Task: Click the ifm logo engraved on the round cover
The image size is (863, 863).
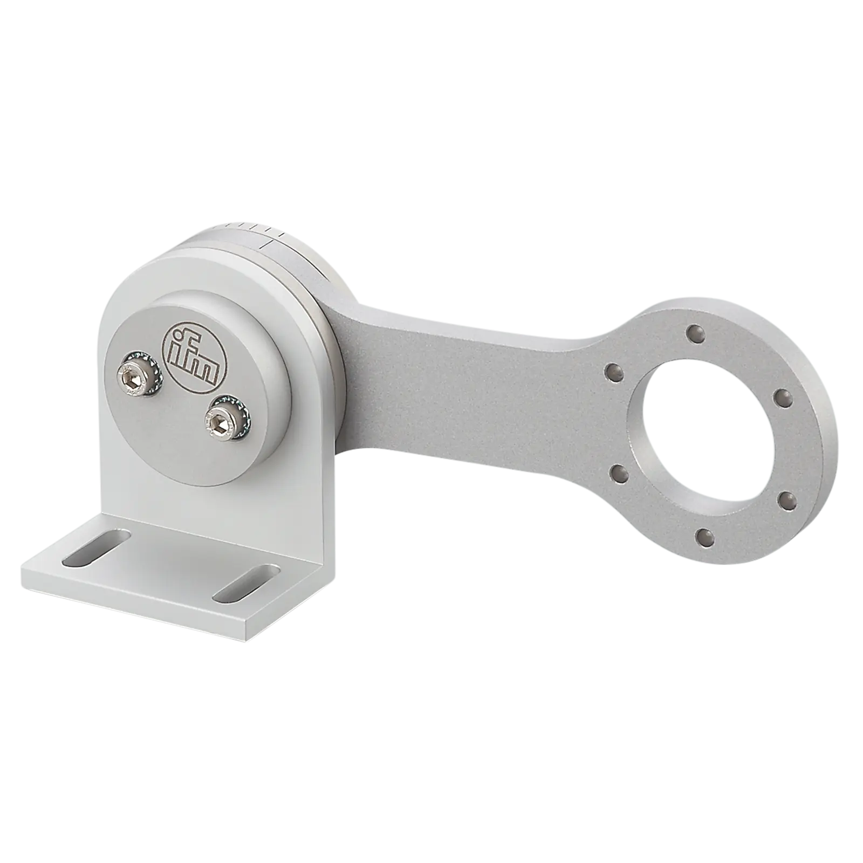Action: point(195,355)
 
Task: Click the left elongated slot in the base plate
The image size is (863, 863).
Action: point(96,549)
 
